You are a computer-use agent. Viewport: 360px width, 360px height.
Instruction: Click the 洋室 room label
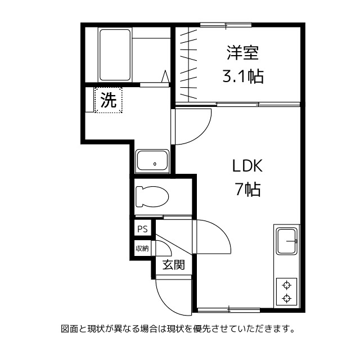242,53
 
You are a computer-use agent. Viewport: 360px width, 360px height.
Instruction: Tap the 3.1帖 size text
242,75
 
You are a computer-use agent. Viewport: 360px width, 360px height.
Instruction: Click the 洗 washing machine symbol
108,100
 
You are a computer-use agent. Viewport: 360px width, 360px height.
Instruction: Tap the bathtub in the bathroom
115,55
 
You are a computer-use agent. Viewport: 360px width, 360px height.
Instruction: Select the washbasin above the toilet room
152,161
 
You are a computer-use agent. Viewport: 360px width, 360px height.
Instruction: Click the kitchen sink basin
287,242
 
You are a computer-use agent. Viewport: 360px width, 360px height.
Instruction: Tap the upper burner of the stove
287,284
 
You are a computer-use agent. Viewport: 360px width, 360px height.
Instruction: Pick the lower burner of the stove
287,298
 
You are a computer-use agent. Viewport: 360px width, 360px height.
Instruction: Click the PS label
142,229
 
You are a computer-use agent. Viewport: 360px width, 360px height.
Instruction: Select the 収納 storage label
142,248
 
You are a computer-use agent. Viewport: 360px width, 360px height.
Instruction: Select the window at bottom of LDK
229,309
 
